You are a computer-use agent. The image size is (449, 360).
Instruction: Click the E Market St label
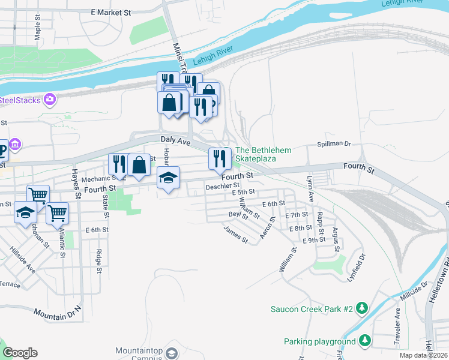tap(111, 12)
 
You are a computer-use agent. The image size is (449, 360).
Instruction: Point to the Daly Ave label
tap(175, 142)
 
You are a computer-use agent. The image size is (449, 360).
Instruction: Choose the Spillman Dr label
tap(333, 144)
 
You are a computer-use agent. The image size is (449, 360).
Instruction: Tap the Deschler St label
tap(223, 187)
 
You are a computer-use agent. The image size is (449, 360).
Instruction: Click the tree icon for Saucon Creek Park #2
tap(361, 308)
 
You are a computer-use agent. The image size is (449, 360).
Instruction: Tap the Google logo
tap(20, 352)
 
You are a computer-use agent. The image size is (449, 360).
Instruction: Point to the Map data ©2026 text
tap(423, 355)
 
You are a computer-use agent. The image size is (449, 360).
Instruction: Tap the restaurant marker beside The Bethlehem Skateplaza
tap(220, 158)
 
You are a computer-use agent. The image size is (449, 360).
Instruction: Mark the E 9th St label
tap(314, 240)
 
